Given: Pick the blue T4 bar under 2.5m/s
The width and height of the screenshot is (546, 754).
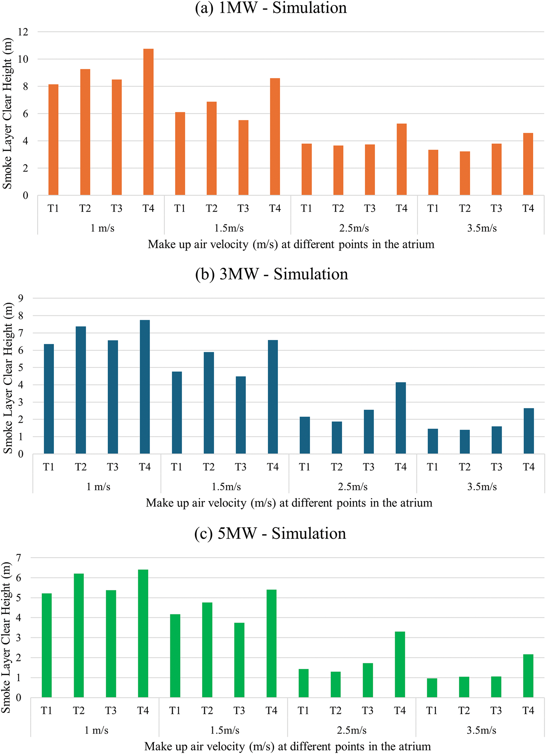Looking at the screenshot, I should [x=401, y=418].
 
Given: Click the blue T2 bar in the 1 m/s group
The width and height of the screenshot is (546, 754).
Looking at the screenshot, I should [x=81, y=390].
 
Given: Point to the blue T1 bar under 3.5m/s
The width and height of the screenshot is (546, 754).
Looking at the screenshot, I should [x=433, y=441].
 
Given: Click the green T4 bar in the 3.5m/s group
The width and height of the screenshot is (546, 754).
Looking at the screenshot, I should [x=528, y=676].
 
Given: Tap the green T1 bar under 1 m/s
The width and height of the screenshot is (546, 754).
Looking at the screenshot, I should [x=47, y=645].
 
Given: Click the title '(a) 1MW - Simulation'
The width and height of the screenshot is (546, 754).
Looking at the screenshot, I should [x=271, y=8].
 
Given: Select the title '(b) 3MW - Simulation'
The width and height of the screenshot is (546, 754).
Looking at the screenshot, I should [x=272, y=274].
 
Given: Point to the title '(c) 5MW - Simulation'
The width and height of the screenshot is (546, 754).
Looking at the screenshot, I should [x=270, y=533].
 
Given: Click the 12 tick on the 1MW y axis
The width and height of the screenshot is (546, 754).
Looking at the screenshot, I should [x=23, y=32].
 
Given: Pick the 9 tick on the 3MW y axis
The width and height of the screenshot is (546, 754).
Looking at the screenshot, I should [x=21, y=298].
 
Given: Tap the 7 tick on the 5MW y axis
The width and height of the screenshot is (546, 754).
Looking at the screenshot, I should [x=18, y=558].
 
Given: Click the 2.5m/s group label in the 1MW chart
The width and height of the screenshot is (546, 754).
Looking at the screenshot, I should [x=354, y=228].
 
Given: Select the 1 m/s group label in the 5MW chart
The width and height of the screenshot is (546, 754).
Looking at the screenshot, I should [x=96, y=730].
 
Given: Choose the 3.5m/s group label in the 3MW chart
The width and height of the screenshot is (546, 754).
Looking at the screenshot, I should [x=482, y=487].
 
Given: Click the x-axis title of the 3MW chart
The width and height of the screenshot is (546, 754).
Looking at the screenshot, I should [x=289, y=503].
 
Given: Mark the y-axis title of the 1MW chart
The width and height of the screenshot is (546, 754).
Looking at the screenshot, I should [x=7, y=113].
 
